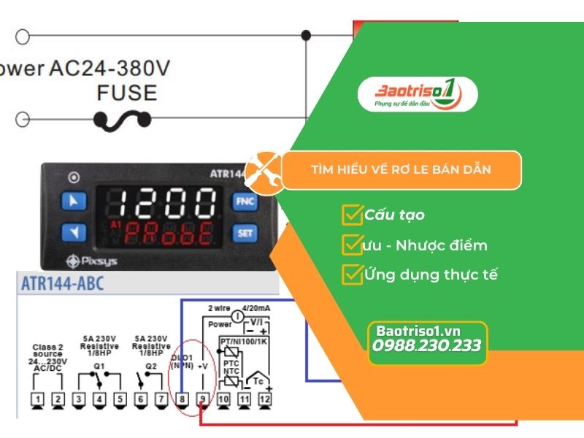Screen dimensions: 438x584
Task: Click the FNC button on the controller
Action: (x=245, y=201)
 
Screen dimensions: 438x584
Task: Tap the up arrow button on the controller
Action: (x=72, y=200)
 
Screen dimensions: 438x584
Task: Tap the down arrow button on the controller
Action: (x=72, y=233)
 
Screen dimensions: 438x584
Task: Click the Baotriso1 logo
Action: (x=417, y=96)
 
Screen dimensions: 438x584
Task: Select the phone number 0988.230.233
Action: (x=427, y=345)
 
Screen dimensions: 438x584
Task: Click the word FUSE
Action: (x=126, y=93)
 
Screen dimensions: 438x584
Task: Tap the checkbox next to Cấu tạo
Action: (x=351, y=215)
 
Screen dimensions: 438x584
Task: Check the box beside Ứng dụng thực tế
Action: (x=351, y=274)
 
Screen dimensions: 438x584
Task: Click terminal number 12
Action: (x=264, y=400)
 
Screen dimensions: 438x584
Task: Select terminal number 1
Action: (x=38, y=400)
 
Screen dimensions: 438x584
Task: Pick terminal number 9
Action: (x=202, y=400)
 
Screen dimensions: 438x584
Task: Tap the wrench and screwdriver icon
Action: (x=263, y=171)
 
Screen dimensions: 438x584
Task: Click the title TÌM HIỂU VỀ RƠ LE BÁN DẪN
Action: (x=401, y=170)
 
